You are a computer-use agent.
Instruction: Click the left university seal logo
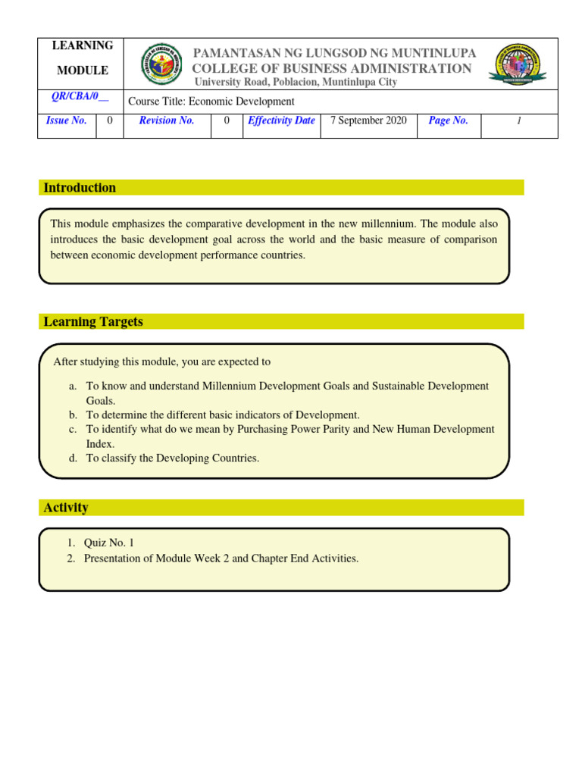(161, 64)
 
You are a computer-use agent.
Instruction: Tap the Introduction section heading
(80, 188)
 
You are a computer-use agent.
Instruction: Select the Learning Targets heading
(93, 322)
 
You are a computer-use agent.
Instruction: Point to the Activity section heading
(66, 508)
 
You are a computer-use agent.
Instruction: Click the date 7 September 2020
(369, 120)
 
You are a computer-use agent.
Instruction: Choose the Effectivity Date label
(281, 120)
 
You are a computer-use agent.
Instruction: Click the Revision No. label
(167, 120)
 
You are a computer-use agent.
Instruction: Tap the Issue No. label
(67, 120)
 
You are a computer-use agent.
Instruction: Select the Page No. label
(449, 120)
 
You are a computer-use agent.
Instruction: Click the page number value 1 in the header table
(519, 120)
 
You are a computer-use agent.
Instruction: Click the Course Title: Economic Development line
(211, 102)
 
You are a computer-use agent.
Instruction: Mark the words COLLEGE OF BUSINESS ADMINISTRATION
(332, 68)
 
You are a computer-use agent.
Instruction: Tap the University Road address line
(296, 82)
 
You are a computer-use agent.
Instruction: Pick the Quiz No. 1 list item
(109, 543)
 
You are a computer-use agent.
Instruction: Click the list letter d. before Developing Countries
(73, 458)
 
